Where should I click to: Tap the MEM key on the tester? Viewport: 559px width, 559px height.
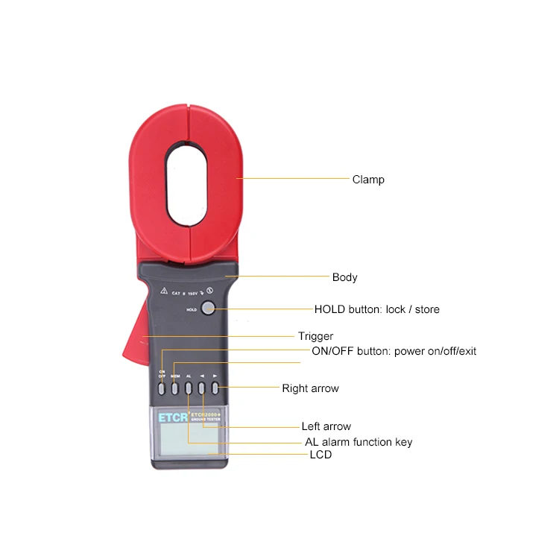coord(175,388)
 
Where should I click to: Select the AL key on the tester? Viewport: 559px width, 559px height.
coord(189,388)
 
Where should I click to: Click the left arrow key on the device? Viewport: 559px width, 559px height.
coord(201,388)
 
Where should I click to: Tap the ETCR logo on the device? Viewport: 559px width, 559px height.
coord(171,418)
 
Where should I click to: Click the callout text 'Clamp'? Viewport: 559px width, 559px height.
coord(368,180)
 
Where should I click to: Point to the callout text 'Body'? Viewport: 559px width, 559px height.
coord(344,277)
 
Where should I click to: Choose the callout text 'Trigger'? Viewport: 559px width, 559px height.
coord(315,336)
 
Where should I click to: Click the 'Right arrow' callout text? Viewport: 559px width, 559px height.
coord(310,388)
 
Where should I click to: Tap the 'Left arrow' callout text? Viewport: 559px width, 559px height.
coord(326,427)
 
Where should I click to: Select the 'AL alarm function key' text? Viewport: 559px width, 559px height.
coord(359,442)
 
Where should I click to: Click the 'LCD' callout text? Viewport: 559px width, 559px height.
coord(320,454)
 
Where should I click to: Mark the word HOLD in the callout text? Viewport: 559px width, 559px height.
coord(329,309)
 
